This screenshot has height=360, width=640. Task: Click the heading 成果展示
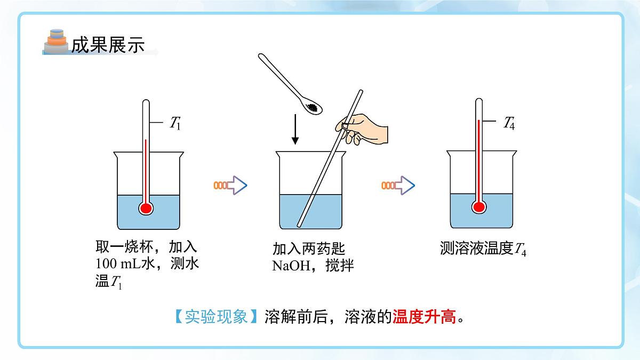pyautogui.click(x=108, y=45)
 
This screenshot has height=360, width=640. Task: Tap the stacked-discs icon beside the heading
pyautogui.click(x=57, y=42)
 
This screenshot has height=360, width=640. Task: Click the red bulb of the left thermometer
pyautogui.click(x=146, y=209)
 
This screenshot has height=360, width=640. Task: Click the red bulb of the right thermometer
pyautogui.click(x=479, y=207)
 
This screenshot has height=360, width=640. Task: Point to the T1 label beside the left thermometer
pyautogui.click(x=175, y=123)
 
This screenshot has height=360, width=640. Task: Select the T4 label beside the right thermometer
pyautogui.click(x=509, y=123)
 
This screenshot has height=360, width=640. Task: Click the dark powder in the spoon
pyautogui.click(x=312, y=108)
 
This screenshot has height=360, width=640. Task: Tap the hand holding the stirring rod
pyautogui.click(x=362, y=129)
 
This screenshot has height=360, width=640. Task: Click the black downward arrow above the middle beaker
pyautogui.click(x=295, y=129)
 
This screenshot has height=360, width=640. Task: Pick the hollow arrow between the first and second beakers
pyautogui.click(x=230, y=186)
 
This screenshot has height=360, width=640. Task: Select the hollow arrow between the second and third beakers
pyautogui.click(x=398, y=186)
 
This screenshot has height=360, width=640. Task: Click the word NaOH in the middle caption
pyautogui.click(x=291, y=266)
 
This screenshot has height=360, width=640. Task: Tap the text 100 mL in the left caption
pyautogui.click(x=118, y=263)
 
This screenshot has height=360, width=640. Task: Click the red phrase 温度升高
pyautogui.click(x=424, y=317)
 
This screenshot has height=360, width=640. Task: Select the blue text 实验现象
pyautogui.click(x=216, y=317)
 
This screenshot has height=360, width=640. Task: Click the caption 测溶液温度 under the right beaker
pyautogui.click(x=477, y=248)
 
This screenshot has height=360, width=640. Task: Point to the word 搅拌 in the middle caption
pyautogui.click(x=340, y=266)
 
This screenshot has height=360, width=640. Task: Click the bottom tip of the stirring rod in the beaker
pyautogui.click(x=299, y=226)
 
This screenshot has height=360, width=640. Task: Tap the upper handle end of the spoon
pyautogui.click(x=261, y=55)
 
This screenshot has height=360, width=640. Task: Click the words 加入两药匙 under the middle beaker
pyautogui.click(x=309, y=249)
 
